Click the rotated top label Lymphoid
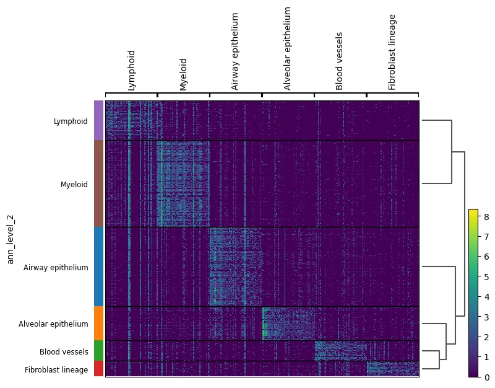pyautogui.click(x=132, y=71)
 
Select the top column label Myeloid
pyautogui.click(x=184, y=74)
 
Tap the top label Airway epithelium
pyautogui.click(x=236, y=51)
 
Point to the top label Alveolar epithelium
pyautogui.click(x=288, y=49)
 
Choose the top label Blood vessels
pyautogui.click(x=340, y=61)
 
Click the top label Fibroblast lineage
pyautogui.click(x=392, y=52)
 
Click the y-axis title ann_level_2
pyautogui.click(x=11, y=239)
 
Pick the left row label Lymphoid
pyautogui.click(x=71, y=121)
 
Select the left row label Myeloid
pyautogui.click(x=74, y=185)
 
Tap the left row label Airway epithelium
pyautogui.click(x=56, y=268)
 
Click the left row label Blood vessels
pyautogui.click(x=64, y=352)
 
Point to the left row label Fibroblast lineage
pyautogui.click(x=56, y=370)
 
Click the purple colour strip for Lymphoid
pyautogui.click(x=98, y=120)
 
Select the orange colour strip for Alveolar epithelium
pyautogui.click(x=98, y=323)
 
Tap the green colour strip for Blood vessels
pyautogui.click(x=98, y=351)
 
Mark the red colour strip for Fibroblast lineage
pyautogui.click(x=98, y=369)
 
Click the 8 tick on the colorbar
pyautogui.click(x=487, y=216)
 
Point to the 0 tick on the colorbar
pyautogui.click(x=487, y=377)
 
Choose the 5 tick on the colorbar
pyautogui.click(x=487, y=276)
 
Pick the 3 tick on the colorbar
pyautogui.click(x=487, y=317)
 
